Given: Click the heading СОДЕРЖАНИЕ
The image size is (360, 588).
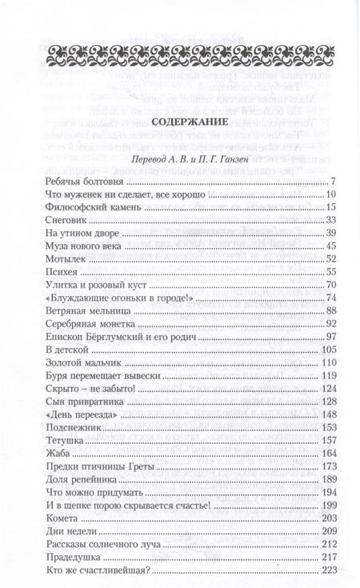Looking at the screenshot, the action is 180,122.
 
